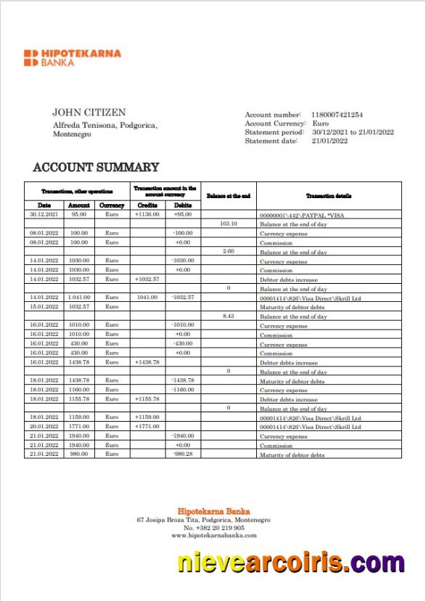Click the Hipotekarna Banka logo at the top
[72, 58]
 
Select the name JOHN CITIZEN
[89, 113]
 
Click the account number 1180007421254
[337, 115]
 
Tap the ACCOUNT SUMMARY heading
[96, 168]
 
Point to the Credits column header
[147, 205]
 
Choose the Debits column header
[183, 205]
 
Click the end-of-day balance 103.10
[229, 224]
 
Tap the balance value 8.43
[229, 316]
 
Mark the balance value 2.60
[229, 252]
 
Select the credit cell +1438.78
[147, 362]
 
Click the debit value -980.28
[183, 454]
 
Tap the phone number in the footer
[213, 528]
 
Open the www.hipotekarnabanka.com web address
[213, 536]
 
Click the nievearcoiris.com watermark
[290, 563]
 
